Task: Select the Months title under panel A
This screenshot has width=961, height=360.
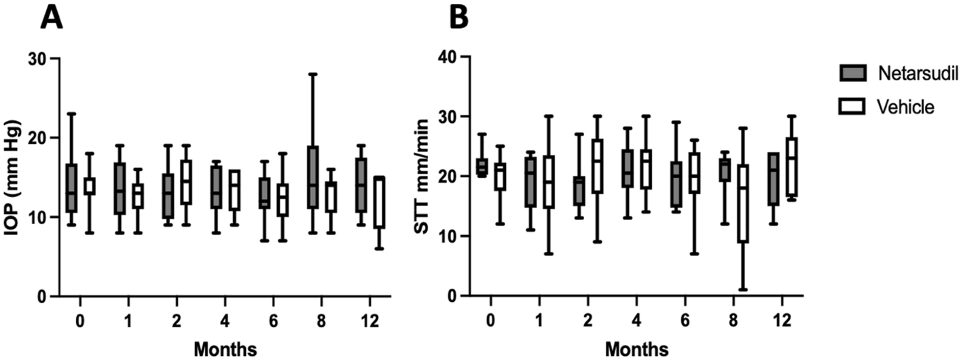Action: click(x=225, y=349)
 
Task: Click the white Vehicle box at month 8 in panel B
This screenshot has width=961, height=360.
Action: click(x=743, y=204)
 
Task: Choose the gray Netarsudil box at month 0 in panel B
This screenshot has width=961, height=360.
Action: click(x=482, y=166)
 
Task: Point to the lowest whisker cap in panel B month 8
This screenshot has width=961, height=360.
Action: click(x=743, y=290)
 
